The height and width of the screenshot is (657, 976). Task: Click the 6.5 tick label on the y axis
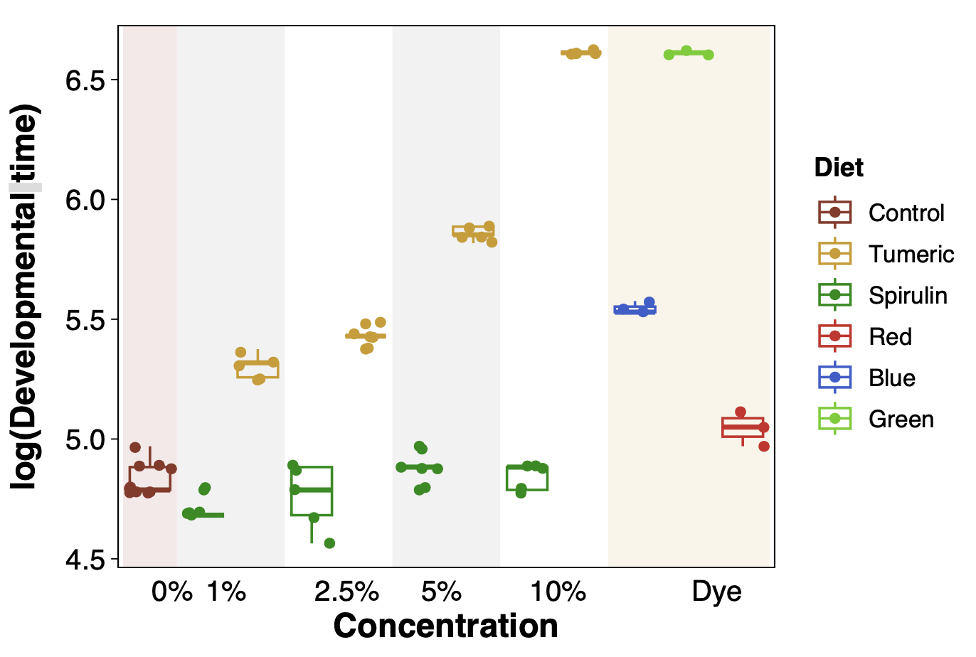(x=85, y=81)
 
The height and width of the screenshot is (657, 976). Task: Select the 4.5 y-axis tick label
(x=85, y=561)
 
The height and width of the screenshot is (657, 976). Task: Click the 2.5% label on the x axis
(x=346, y=592)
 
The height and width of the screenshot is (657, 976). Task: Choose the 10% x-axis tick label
(x=558, y=592)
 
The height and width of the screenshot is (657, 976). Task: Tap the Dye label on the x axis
(x=716, y=592)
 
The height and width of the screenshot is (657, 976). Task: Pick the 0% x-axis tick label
(x=171, y=592)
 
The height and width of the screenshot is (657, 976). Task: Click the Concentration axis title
(x=445, y=626)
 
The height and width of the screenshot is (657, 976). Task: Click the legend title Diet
(x=839, y=168)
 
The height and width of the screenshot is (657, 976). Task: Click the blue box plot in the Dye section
(x=635, y=309)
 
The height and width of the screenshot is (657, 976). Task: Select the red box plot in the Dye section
(x=742, y=427)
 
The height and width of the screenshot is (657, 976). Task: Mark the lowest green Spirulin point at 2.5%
(x=329, y=543)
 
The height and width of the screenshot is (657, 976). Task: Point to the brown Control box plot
(x=149, y=479)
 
